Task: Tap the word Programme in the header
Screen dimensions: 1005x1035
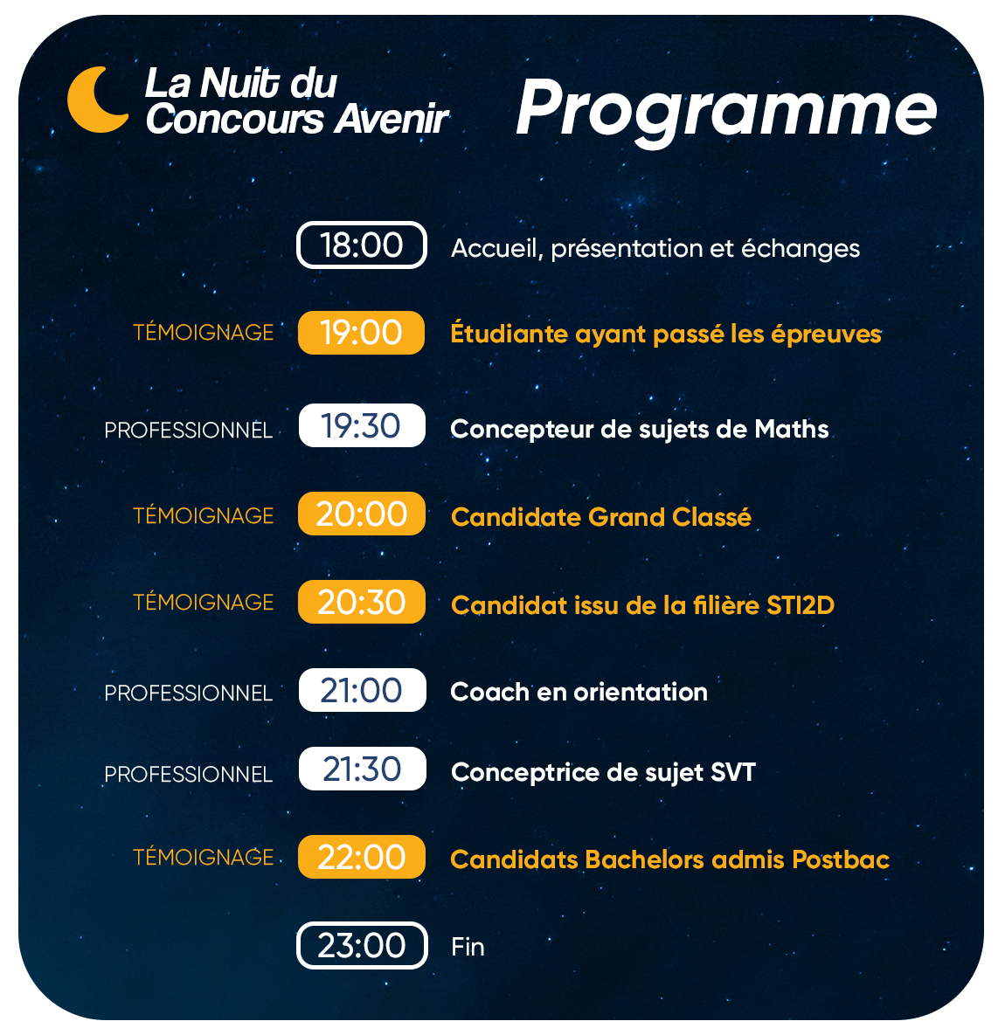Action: (726, 110)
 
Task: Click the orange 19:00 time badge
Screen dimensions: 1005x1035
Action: (361, 333)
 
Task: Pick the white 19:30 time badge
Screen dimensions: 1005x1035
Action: (362, 425)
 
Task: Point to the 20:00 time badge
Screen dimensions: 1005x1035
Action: (361, 514)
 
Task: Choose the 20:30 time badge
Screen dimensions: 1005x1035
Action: (361, 602)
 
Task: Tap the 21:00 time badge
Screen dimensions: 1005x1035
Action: (362, 691)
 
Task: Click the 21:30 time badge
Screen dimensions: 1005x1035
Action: (362, 769)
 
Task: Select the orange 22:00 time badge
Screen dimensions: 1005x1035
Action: (361, 857)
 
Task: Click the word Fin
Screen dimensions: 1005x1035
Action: (468, 947)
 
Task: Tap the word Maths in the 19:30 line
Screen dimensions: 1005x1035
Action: (791, 429)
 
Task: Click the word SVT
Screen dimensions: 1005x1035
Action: (733, 772)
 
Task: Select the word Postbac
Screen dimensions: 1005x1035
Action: (841, 859)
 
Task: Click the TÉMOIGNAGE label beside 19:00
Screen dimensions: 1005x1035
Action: (204, 331)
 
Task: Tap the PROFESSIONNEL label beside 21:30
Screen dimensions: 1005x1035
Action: (188, 774)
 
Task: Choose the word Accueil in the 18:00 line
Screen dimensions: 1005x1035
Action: (496, 249)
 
